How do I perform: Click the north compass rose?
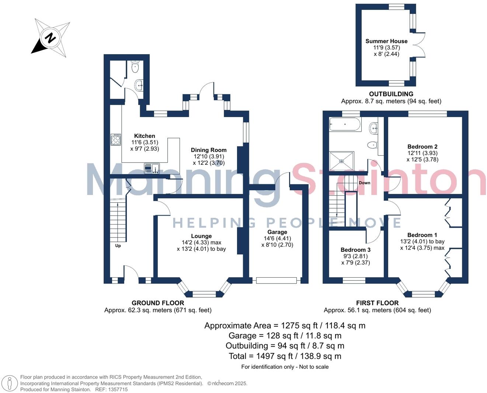51,38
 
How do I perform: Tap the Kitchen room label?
145,136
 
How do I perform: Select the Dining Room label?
209,150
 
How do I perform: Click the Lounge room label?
201,236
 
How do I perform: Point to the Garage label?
277,232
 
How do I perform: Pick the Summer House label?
386,41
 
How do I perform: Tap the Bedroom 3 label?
355,250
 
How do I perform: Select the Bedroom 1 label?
422,235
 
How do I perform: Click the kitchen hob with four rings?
116,139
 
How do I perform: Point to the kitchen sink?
151,168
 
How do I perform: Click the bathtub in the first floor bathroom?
345,125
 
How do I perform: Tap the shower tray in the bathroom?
341,161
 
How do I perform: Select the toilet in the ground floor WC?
135,67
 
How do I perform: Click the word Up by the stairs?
118,246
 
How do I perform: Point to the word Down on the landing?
364,183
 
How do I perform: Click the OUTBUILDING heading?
391,94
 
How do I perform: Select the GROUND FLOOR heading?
158,303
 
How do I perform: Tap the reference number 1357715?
116,389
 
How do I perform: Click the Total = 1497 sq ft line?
285,356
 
